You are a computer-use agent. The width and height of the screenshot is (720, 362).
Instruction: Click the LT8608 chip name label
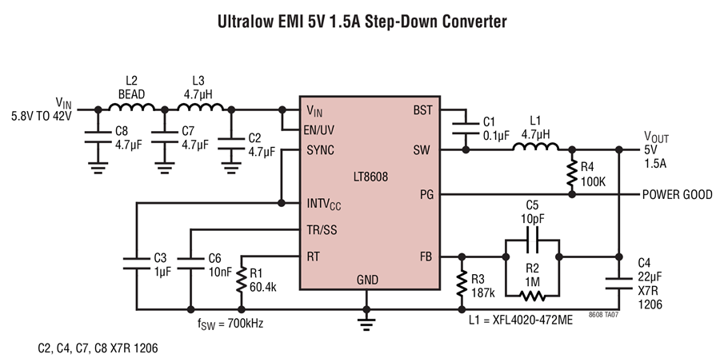point(370,177)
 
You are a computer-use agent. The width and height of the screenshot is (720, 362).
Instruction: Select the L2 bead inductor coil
point(132,106)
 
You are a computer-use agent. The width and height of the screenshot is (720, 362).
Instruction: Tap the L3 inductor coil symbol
point(200,106)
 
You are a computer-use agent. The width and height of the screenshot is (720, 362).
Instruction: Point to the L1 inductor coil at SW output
point(535,146)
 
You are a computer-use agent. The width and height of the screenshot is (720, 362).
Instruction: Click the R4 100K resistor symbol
point(572,173)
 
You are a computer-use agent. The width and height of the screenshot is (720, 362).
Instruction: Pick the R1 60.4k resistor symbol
point(241,280)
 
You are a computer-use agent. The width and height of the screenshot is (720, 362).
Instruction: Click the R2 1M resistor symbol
point(533,296)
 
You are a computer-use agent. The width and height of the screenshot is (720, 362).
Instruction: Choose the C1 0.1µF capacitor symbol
point(465,129)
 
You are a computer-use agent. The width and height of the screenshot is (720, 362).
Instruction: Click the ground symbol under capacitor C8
point(98,168)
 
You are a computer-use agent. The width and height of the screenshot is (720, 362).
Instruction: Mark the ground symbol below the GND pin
point(366,323)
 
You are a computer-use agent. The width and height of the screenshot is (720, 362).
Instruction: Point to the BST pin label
point(422,110)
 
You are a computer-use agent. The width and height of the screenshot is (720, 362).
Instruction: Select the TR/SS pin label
point(322,230)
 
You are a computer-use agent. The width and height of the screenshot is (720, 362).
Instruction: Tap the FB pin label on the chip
point(426,257)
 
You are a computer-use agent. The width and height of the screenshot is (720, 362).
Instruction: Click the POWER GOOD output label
point(678,194)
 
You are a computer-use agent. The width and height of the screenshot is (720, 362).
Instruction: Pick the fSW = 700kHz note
point(230,324)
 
